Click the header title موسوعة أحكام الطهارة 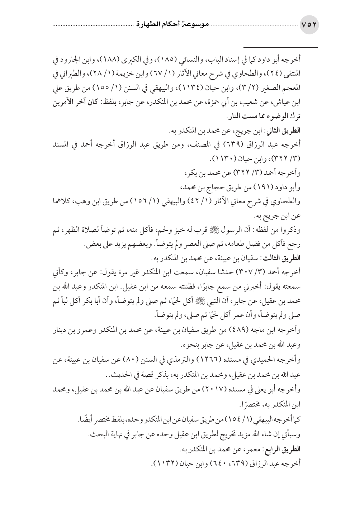[165, 26]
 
